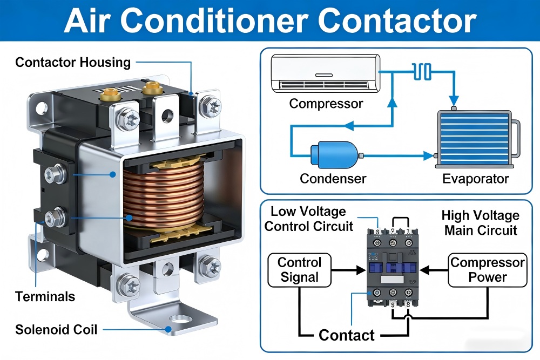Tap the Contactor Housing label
[73, 62]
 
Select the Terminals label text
[45, 296]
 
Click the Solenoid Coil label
[56, 329]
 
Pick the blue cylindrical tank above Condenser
[335, 155]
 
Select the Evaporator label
[476, 179]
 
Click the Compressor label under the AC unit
[326, 103]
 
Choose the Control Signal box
[299, 270]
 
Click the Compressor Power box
[488, 270]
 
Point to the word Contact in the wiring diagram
[347, 335]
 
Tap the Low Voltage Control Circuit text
[309, 219]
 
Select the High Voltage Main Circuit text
[481, 223]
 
